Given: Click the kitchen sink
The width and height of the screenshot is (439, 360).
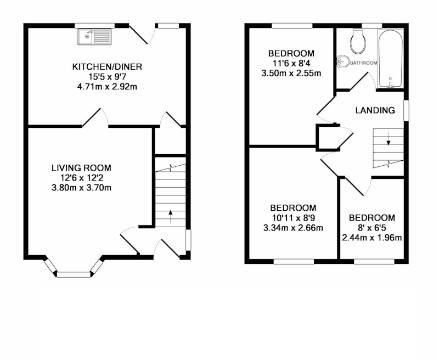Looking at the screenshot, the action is click(94, 37).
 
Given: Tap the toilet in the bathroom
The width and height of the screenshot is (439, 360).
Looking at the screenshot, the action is click(358, 41).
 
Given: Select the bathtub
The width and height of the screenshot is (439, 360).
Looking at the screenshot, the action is click(390, 59).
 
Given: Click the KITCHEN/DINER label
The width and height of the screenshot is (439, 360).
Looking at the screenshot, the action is click(107, 67).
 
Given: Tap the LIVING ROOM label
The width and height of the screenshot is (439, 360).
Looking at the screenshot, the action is click(81, 168).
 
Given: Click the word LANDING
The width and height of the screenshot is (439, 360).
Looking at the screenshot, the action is click(375, 110).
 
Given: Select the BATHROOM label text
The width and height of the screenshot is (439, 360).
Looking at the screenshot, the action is click(363, 63).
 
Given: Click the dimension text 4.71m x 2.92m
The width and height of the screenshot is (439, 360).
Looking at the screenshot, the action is click(107, 87).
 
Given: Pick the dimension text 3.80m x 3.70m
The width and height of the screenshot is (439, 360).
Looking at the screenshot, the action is click(81, 188).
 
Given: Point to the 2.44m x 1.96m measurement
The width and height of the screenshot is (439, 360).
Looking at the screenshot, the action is click(372, 238).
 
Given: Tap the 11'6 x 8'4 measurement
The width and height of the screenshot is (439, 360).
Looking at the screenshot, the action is click(291, 63).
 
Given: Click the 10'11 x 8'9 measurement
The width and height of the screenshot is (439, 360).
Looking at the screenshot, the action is click(293, 218).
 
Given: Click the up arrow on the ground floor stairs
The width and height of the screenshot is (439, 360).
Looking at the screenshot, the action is click(171, 216).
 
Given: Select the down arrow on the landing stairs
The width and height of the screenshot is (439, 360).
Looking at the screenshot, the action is click(389, 139).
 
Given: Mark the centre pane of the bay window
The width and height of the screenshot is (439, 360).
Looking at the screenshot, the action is click(74, 274).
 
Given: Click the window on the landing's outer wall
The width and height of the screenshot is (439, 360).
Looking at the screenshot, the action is click(406, 110).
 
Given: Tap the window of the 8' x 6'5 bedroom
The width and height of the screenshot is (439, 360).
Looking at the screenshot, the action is click(374, 261).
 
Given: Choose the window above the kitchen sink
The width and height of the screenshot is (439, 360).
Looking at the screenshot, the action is click(95, 26).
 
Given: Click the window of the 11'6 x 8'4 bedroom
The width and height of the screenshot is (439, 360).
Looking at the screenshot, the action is click(292, 26).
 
